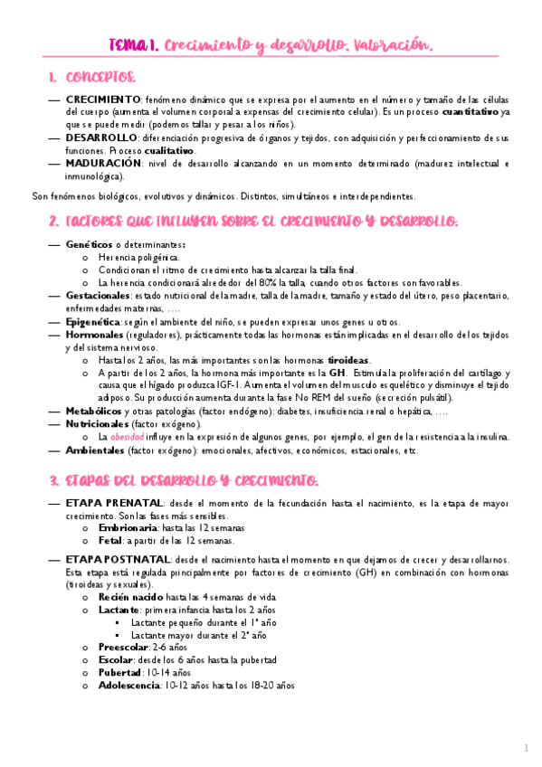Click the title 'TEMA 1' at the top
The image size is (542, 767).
coord(131,44)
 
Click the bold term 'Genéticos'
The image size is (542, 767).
coord(90,245)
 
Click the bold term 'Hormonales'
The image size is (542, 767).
coord(95,335)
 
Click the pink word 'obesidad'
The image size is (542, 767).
coord(128,436)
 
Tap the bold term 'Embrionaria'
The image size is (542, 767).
coord(128,527)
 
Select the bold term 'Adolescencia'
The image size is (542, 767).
coord(128,686)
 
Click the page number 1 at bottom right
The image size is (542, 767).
coord(526,749)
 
